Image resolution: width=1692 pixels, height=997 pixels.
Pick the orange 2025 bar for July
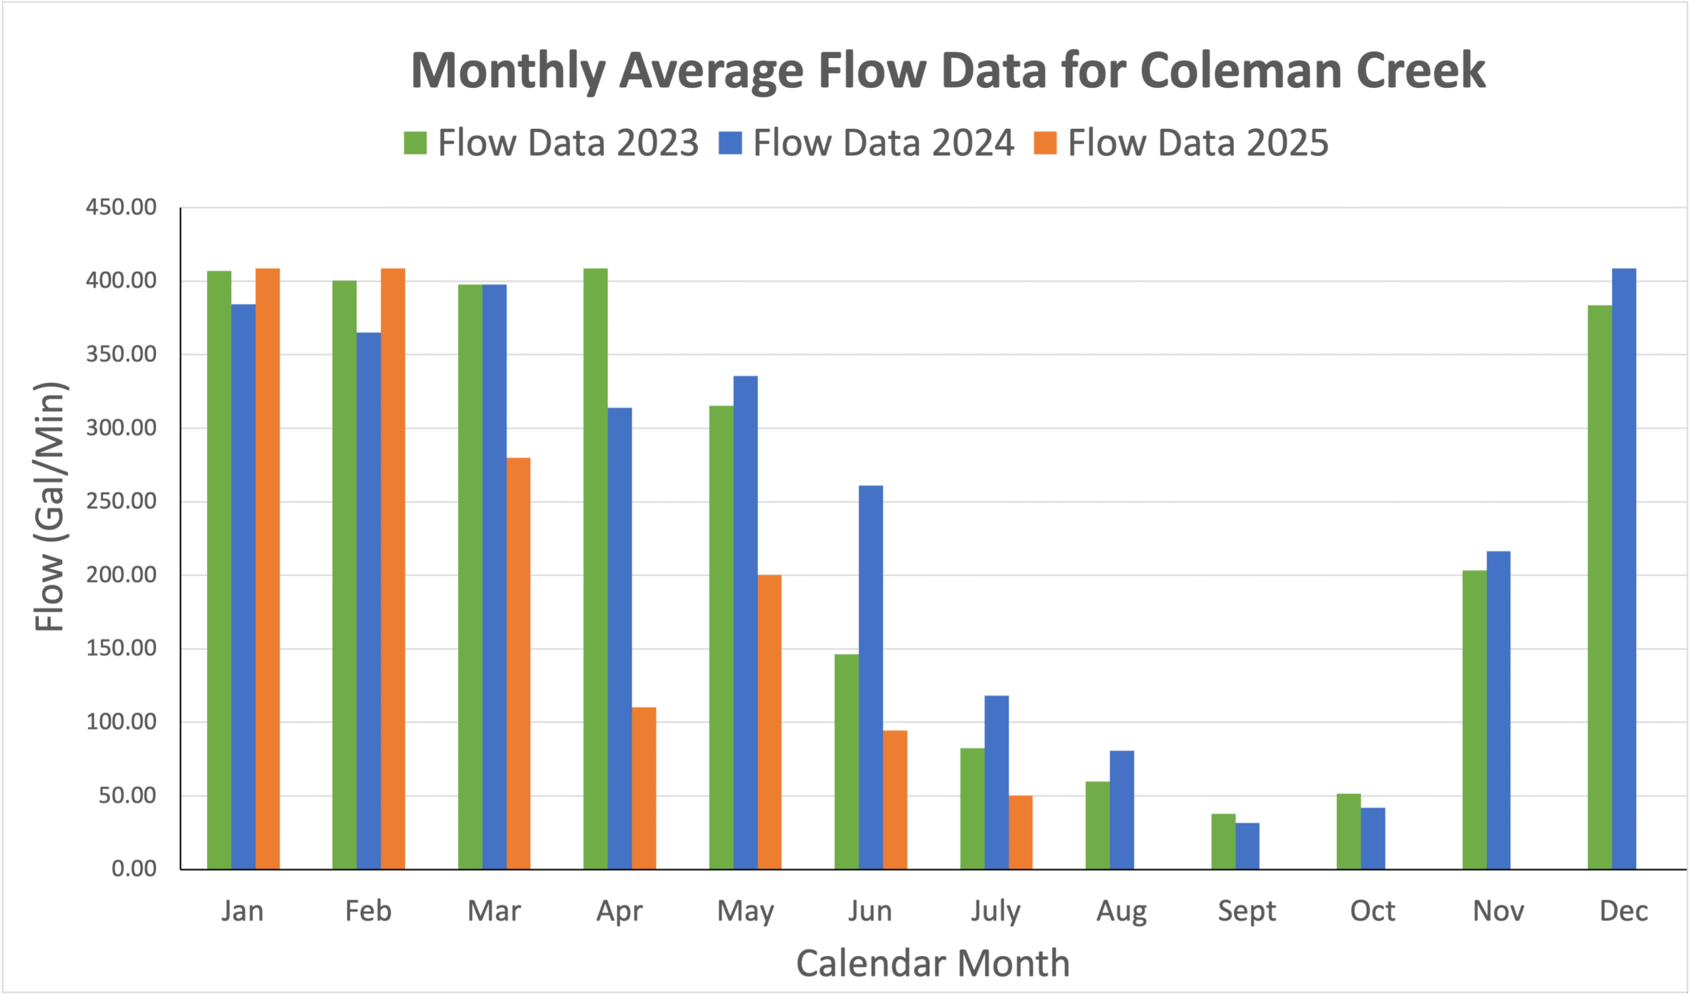pyautogui.click(x=1020, y=832)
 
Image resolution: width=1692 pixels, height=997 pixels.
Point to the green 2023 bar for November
pyautogui.click(x=1475, y=720)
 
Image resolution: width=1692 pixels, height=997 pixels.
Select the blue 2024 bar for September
pyautogui.click(x=1247, y=846)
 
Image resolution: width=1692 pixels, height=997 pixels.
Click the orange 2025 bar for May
pyautogui.click(x=769, y=722)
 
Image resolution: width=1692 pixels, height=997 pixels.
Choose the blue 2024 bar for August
pyautogui.click(x=1122, y=810)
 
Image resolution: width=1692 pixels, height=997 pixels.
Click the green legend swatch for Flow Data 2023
pyautogui.click(x=415, y=143)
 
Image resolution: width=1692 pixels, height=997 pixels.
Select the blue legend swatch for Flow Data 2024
pyautogui.click(x=730, y=143)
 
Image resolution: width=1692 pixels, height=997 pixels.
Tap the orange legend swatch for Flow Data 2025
pyautogui.click(x=1045, y=143)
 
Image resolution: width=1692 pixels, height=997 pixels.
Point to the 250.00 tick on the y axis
pyautogui.click(x=121, y=501)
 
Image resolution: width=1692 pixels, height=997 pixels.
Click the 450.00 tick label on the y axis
pyautogui.click(x=121, y=207)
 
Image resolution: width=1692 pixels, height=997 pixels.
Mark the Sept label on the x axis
pyautogui.click(x=1247, y=911)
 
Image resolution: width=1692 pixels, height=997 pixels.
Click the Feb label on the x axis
pyautogui.click(x=368, y=911)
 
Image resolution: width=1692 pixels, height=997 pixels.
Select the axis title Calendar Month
pyautogui.click(x=933, y=963)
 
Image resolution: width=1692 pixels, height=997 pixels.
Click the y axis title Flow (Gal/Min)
pyautogui.click(x=50, y=507)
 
